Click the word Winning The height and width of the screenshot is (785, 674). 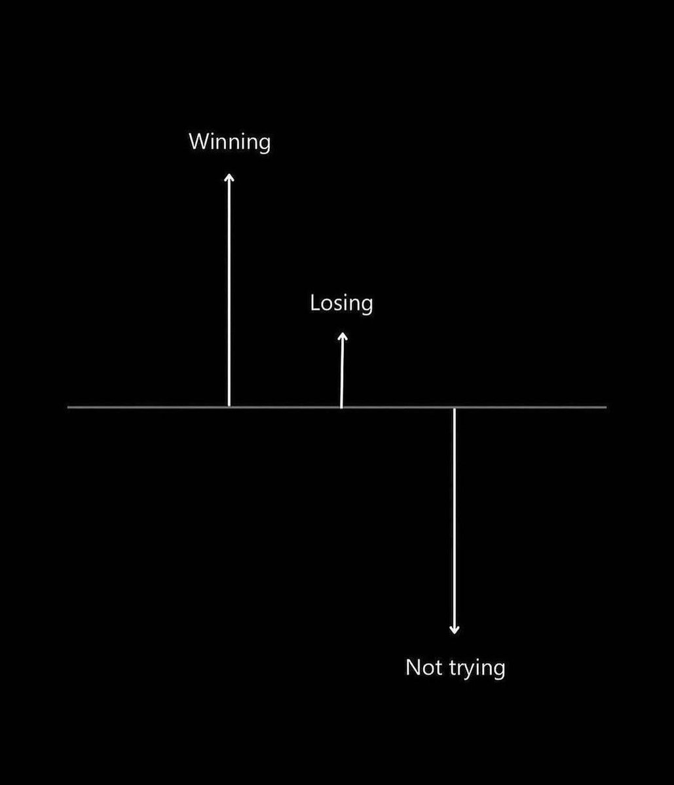coord(230,143)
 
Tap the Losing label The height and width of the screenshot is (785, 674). coord(341,304)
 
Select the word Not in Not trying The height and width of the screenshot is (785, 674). coord(423,667)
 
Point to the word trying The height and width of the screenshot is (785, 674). coord(477,669)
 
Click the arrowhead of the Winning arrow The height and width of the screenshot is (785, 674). coord(229,178)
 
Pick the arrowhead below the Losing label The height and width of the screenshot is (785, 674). coord(343,337)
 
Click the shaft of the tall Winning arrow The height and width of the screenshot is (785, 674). coord(229,290)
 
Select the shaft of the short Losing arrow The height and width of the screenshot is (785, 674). coord(342,370)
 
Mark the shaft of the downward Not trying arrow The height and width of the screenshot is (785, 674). coord(454,521)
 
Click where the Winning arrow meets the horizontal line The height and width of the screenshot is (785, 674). coord(229,407)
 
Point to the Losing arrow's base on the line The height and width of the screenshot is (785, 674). coord(341,407)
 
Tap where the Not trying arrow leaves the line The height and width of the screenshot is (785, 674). coord(454,408)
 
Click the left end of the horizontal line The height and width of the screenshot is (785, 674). coord(67,407)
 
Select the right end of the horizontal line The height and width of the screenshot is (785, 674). coord(607,407)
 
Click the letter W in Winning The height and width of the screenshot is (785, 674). coord(199,141)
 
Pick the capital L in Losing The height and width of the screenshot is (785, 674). coord(315,303)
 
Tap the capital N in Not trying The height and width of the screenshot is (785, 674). coord(413,667)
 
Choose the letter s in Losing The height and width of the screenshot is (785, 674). coord(338,305)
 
